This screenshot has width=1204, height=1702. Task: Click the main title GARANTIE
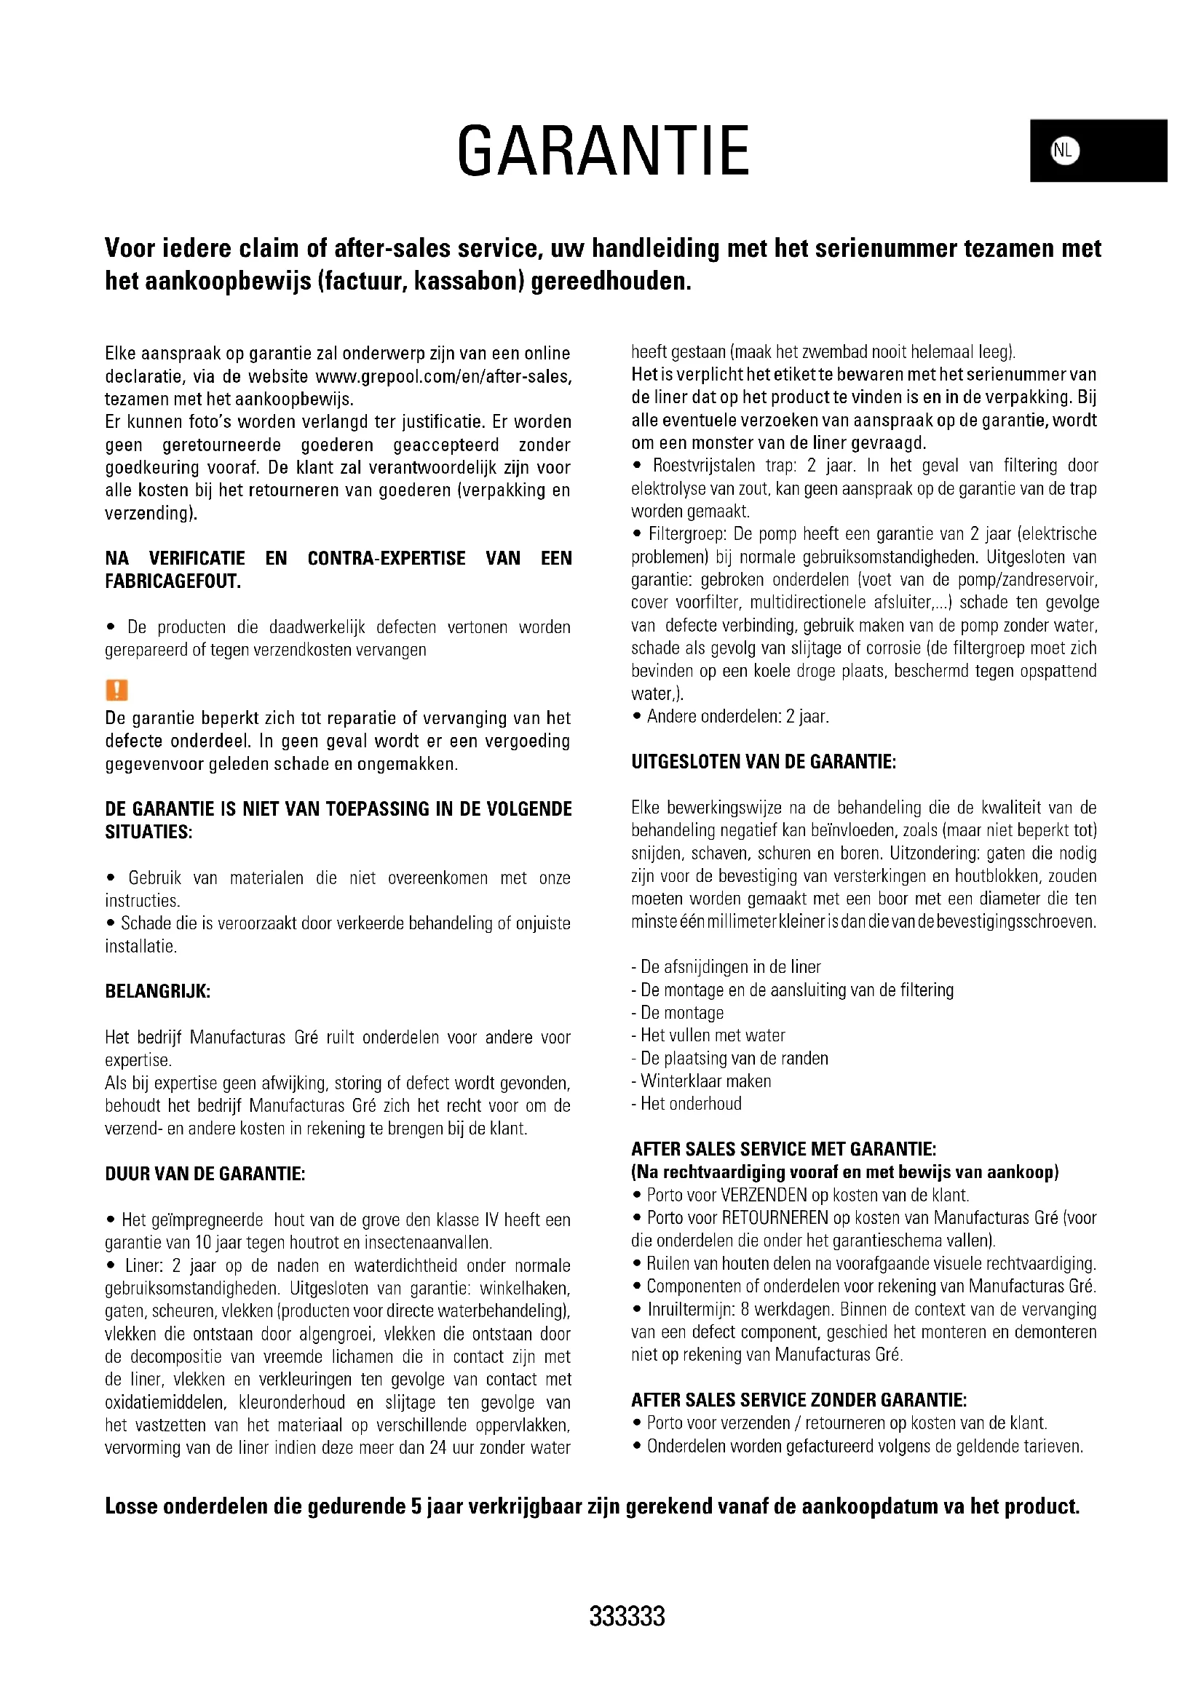pos(603,151)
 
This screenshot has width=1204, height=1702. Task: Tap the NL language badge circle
pos(1064,151)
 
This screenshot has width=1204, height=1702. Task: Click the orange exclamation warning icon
pos(117,690)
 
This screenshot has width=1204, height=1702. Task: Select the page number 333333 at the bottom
pos(627,1616)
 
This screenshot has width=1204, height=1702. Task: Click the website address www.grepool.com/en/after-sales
pos(443,377)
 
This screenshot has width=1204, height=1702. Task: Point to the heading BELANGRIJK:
pos(158,992)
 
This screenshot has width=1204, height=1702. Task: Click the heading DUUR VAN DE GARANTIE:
pos(205,1174)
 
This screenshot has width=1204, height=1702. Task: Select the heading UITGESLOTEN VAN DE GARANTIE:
pos(764,762)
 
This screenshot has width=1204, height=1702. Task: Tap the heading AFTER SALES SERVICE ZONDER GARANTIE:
pos(799,1400)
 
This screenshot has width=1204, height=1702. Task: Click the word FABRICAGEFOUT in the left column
pos(173,582)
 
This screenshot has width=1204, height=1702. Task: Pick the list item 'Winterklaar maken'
pos(705,1081)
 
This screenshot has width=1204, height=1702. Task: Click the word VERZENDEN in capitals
pos(764,1195)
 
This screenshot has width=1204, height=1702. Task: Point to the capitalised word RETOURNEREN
pos(775,1218)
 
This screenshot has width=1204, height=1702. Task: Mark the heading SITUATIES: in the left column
pos(148,832)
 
